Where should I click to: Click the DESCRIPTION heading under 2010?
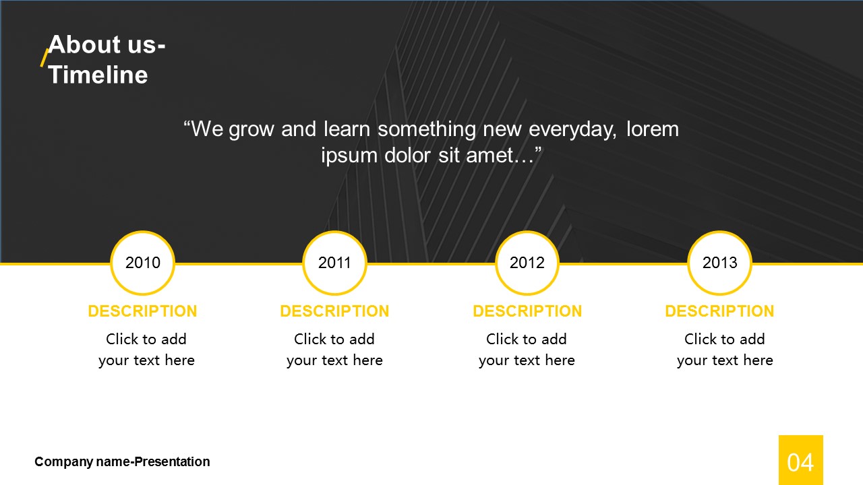click(142, 311)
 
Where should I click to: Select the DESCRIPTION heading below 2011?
click(334, 311)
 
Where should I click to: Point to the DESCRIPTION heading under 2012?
click(527, 311)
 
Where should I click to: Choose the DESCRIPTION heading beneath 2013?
click(719, 311)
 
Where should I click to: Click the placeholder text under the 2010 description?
click(146, 350)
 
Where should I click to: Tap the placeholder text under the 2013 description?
click(725, 350)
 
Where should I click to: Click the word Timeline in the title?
click(98, 74)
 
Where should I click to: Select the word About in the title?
click(84, 44)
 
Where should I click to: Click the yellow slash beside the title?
click(44, 58)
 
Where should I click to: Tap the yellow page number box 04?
click(800, 460)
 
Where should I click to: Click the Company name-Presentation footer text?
click(122, 461)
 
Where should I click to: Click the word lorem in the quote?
click(653, 129)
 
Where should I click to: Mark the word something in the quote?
click(427, 129)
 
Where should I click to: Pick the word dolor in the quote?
click(407, 155)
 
